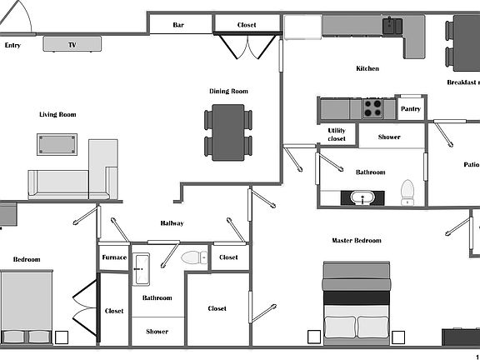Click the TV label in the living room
[72, 44]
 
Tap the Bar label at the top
[178, 25]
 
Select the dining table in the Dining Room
[228, 132]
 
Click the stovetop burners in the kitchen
[372, 108]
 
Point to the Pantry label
[411, 108]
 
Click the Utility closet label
[337, 134]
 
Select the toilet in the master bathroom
[407, 192]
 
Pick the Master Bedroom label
[357, 241]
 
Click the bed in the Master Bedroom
[357, 304]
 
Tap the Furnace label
[114, 257]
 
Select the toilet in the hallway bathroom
[195, 257]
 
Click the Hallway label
[172, 223]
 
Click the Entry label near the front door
[12, 45]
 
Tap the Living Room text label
[57, 114]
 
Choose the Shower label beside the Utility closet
[389, 137]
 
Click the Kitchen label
[367, 68]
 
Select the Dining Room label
[228, 91]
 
